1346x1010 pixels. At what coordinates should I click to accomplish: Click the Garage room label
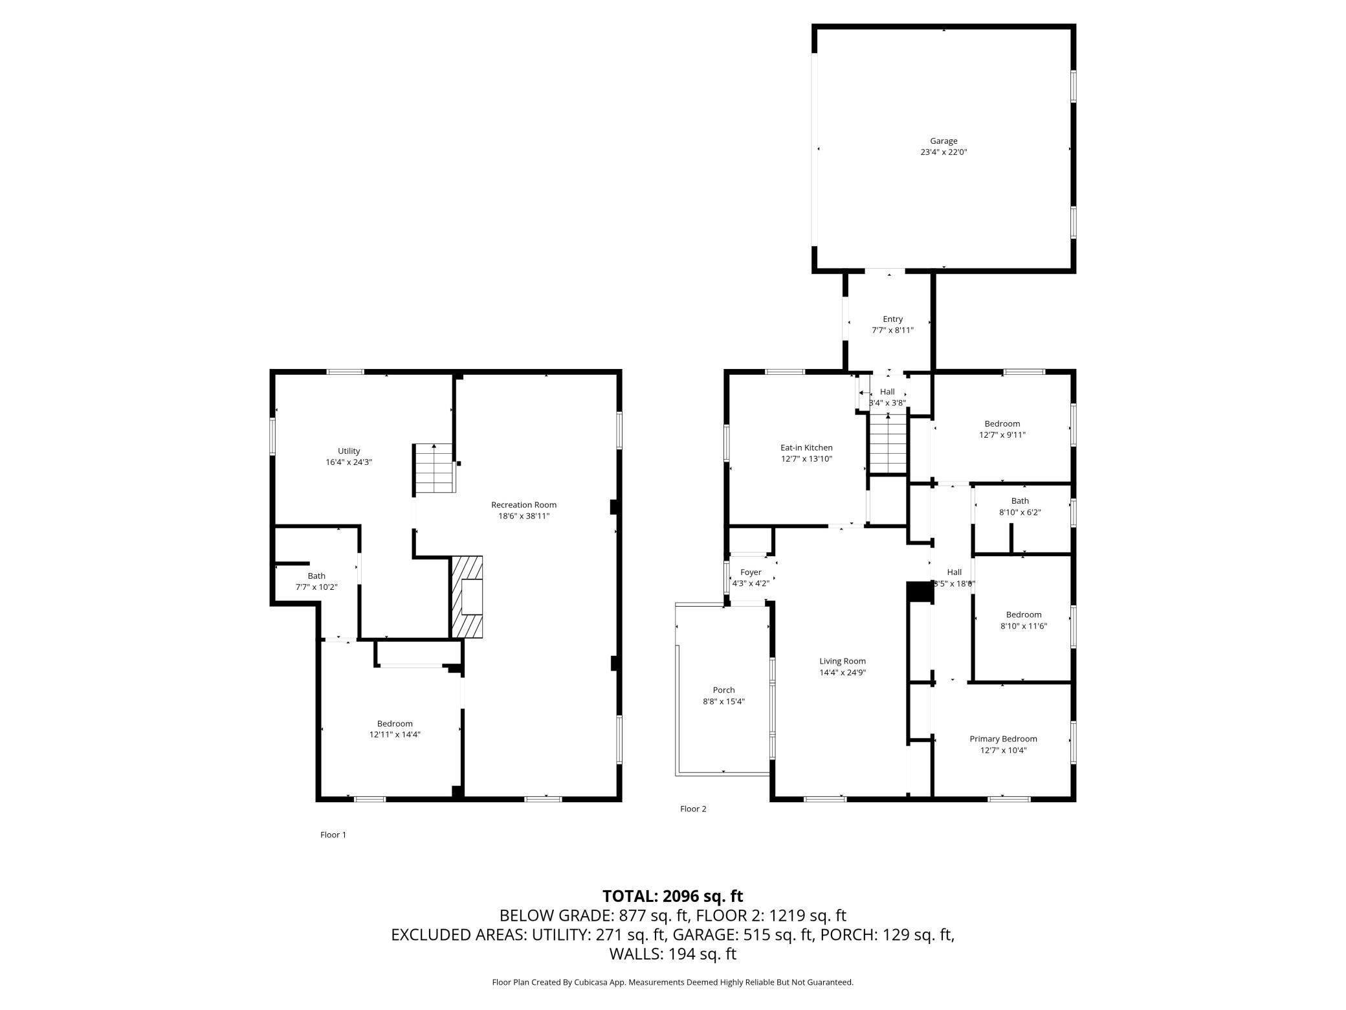[x=943, y=141]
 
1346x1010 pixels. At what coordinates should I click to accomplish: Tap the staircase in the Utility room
[x=434, y=469]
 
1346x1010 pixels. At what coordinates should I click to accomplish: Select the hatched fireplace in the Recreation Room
[x=467, y=596]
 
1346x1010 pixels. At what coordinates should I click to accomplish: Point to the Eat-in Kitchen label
[x=806, y=447]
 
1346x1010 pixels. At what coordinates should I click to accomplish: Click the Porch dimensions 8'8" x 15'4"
[x=723, y=701]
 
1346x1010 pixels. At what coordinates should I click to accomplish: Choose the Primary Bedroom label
[x=1003, y=739]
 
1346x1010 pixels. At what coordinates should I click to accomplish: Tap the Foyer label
[x=751, y=572]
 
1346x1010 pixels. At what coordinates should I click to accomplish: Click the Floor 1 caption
[x=333, y=835]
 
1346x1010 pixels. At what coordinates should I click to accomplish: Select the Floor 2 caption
[x=693, y=809]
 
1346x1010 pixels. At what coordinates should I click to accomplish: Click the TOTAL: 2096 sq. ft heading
[x=672, y=896]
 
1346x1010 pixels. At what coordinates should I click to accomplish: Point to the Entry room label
[x=892, y=319]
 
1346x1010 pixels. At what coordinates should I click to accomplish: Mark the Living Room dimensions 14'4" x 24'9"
[x=843, y=673]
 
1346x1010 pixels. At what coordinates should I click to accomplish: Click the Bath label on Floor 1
[x=316, y=576]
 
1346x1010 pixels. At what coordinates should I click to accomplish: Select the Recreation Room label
[x=524, y=505]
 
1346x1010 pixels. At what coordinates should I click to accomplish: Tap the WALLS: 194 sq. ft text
[x=672, y=954]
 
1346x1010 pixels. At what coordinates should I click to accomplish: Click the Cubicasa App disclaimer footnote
[x=672, y=982]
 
